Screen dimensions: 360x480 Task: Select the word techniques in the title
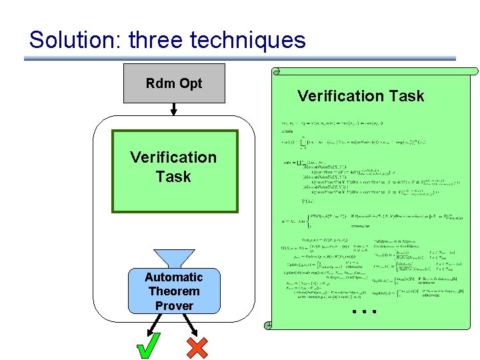coord(248,40)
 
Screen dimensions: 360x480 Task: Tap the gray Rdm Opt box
coord(174,83)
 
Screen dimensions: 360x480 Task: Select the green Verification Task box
coord(174,171)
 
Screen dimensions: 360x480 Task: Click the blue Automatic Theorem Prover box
coord(174,291)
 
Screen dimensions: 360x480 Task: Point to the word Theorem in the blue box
coord(174,291)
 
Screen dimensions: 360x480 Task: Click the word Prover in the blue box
coord(174,306)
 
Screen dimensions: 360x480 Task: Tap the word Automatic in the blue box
coord(174,277)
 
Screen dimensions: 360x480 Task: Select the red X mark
coord(197,347)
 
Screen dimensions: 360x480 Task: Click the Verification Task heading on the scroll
coord(361,96)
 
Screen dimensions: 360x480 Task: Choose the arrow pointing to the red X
coord(189,324)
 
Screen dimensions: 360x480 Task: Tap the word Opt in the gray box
coord(191,83)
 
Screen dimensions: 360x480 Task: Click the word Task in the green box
coord(173,177)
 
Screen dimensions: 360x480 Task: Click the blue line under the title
coord(240,59)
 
